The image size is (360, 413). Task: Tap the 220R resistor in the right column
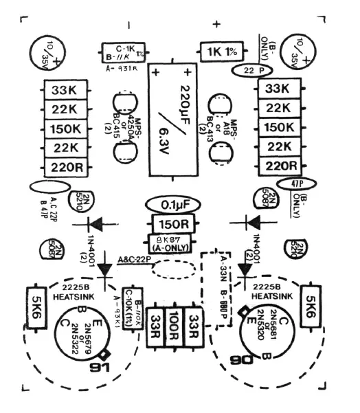pyautogui.click(x=280, y=166)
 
